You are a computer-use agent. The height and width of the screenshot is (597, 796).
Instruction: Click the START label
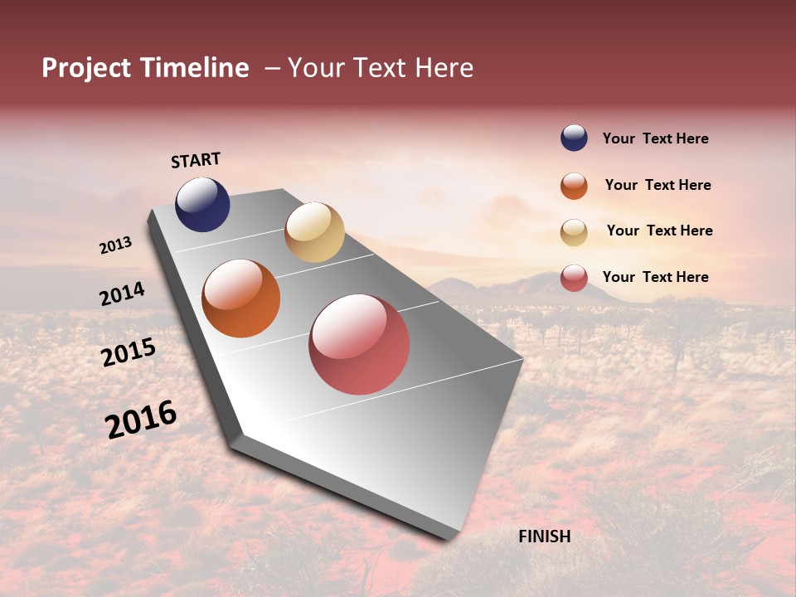tap(196, 160)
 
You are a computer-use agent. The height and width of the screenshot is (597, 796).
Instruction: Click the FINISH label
tap(544, 536)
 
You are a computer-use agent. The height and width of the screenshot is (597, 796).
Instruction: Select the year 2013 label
tap(115, 245)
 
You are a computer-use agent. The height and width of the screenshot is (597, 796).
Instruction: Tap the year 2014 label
tap(122, 294)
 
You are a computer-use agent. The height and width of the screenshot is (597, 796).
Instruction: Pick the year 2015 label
tap(128, 352)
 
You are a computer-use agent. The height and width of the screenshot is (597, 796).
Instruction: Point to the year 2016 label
tap(141, 420)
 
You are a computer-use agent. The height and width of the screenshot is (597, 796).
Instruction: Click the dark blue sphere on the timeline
tap(202, 205)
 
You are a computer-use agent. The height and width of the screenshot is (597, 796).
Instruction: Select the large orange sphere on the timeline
tap(240, 298)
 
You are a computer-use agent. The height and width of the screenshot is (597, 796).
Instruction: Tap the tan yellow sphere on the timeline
tap(314, 232)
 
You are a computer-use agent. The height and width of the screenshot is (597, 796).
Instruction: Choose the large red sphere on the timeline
tap(359, 344)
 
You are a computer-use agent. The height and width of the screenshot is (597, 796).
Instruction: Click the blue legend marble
tap(574, 138)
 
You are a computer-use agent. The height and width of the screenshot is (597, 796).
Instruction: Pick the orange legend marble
tap(574, 186)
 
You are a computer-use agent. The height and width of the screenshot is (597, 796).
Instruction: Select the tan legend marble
tap(574, 231)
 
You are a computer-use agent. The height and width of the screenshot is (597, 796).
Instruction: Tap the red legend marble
tap(574, 278)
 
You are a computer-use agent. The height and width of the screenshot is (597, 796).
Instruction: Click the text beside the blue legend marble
tap(655, 138)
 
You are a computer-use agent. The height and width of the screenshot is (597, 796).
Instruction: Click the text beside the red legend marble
tap(655, 277)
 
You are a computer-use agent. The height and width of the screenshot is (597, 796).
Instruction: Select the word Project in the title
tap(87, 69)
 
